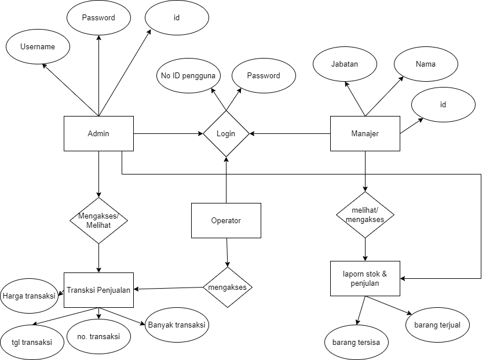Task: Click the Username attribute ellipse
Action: [38, 47]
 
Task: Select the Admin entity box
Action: [98, 133]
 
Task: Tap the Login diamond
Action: [226, 133]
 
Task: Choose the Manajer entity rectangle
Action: [365, 133]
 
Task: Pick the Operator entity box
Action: [226, 220]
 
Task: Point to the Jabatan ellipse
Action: [345, 64]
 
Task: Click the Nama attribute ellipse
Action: [426, 64]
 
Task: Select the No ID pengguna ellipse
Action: [188, 76]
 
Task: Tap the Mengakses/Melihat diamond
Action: [98, 220]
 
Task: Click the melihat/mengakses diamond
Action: [365, 214]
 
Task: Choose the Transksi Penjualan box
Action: [98, 290]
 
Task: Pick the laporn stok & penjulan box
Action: [365, 279]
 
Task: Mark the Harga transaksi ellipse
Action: [29, 296]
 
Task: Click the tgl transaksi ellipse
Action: [32, 342]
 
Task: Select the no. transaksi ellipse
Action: [98, 336]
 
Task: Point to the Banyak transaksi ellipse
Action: [177, 325]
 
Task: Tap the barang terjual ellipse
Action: [437, 325]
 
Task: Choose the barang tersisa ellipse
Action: [356, 342]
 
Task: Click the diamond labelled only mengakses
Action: [228, 287]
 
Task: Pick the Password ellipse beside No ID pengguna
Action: [264, 76]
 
